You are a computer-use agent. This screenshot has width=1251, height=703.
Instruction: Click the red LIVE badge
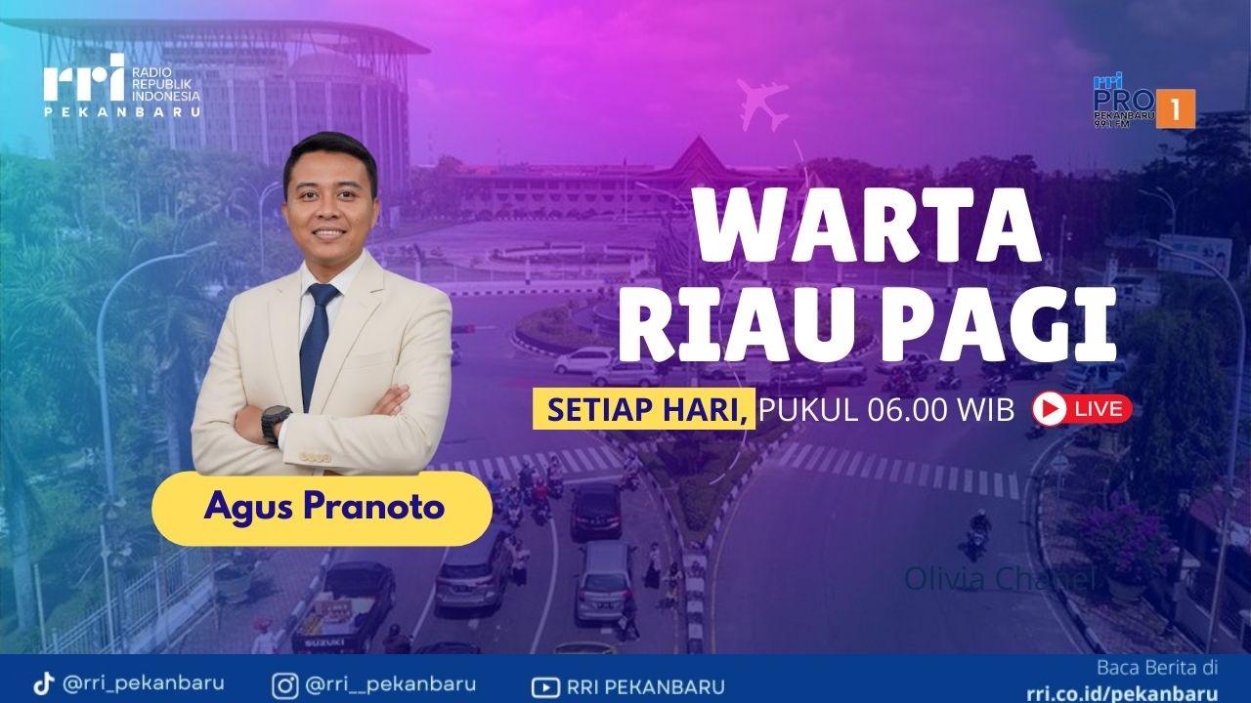pyautogui.click(x=1082, y=409)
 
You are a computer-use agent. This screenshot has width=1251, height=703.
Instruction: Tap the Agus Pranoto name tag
pyautogui.click(x=323, y=508)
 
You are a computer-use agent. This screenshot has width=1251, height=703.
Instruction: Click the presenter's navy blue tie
pyautogui.click(x=316, y=342)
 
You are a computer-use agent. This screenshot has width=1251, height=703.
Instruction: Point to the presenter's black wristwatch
pyautogui.click(x=275, y=422)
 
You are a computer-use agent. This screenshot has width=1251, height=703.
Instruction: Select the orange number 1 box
pyautogui.click(x=1176, y=108)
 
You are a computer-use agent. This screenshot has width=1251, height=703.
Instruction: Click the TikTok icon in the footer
pyautogui.click(x=43, y=684)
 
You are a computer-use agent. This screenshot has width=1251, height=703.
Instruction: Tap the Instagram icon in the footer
pyautogui.click(x=286, y=684)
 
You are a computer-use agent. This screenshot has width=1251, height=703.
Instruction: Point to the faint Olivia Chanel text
pyautogui.click(x=997, y=579)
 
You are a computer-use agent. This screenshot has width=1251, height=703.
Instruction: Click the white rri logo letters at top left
pyautogui.click(x=83, y=79)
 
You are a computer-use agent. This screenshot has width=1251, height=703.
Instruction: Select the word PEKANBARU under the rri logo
pyautogui.click(x=122, y=111)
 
